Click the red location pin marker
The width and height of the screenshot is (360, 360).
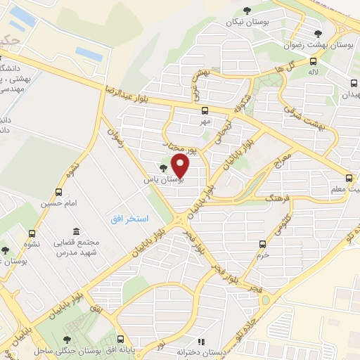[181, 166]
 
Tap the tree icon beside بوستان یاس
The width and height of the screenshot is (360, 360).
[163, 168]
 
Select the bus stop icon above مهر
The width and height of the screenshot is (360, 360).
[205, 110]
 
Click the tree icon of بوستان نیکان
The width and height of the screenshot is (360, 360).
[246, 10]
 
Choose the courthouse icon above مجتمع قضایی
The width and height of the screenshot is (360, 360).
[75, 231]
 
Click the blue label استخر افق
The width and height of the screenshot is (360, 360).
[129, 219]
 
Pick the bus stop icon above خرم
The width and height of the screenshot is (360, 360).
[262, 244]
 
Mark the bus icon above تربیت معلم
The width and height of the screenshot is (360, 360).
[349, 178]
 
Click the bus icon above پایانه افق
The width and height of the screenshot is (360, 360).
[120, 339]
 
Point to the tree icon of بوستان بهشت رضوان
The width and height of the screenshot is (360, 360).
[318, 33]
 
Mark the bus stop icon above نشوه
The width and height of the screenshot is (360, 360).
[32, 233]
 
